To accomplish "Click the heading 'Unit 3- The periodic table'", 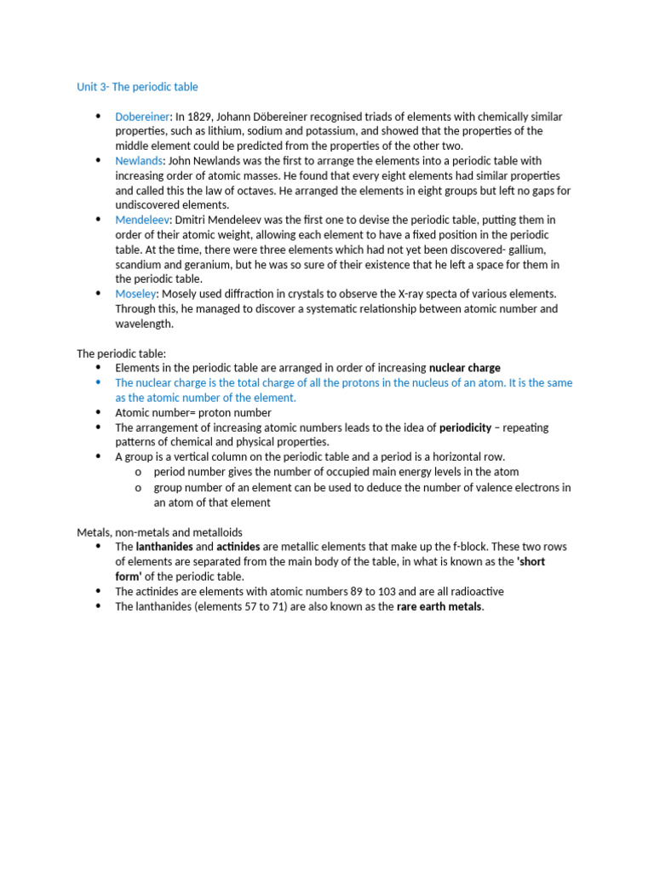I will [x=137, y=87].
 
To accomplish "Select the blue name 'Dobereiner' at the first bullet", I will [x=143, y=117].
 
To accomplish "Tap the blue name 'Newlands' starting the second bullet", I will [x=138, y=161].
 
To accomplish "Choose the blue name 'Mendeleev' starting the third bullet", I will [x=142, y=220].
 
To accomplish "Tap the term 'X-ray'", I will [x=411, y=294].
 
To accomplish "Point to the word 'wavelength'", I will [x=146, y=324].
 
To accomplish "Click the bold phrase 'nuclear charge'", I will [x=465, y=368].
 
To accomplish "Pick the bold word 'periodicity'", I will [x=465, y=427].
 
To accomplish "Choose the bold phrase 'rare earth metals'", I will [x=439, y=606].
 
